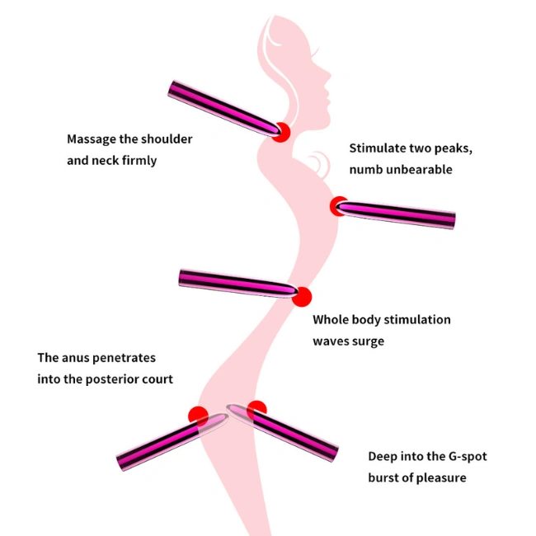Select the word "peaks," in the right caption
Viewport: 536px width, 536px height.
pos(452,149)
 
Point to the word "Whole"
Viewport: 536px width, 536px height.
pos(332,320)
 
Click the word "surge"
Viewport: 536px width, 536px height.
pos(369,341)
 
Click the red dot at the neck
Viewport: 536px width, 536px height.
pos(281,132)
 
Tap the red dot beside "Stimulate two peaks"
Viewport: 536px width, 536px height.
pos(339,206)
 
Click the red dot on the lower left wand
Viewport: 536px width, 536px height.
pos(198,416)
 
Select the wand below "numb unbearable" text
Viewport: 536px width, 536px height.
pos(400,214)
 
